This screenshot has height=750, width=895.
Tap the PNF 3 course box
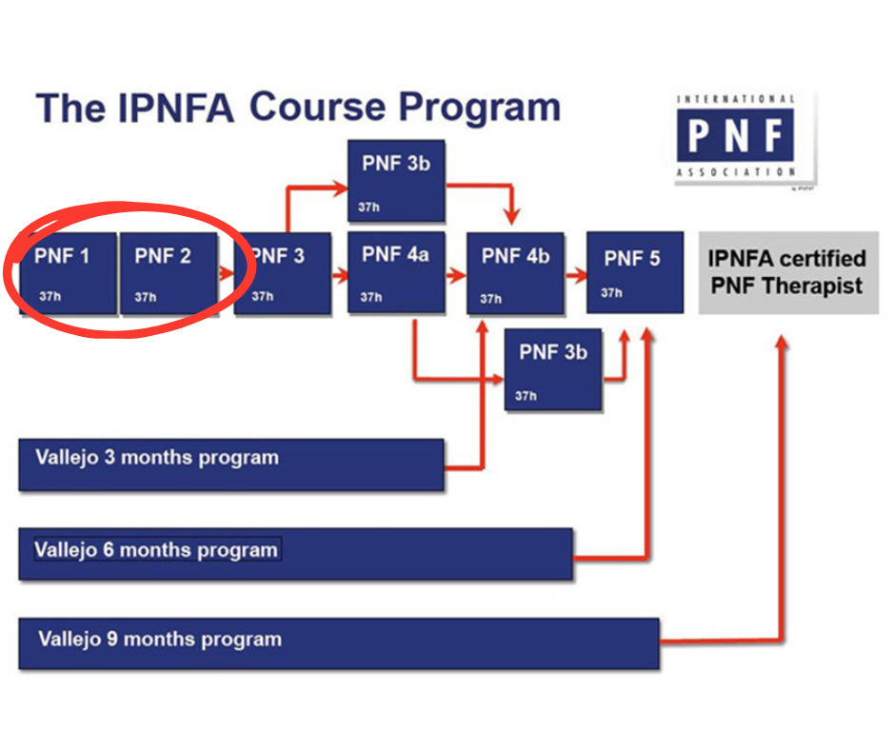click(x=283, y=274)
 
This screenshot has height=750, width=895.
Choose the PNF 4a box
click(x=396, y=272)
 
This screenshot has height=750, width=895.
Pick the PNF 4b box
click(x=515, y=274)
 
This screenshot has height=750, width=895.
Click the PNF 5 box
click(x=634, y=271)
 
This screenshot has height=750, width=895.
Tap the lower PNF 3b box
click(x=552, y=369)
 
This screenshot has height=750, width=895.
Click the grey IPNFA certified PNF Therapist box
click(x=788, y=272)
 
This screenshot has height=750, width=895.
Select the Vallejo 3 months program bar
click(x=231, y=464)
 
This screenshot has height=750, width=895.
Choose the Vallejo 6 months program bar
click(x=295, y=554)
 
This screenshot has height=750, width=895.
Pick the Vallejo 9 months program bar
click(x=339, y=643)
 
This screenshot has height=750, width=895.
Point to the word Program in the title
click(x=480, y=107)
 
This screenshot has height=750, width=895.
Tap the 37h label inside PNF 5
click(x=611, y=293)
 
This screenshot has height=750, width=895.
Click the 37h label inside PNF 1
click(x=50, y=297)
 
